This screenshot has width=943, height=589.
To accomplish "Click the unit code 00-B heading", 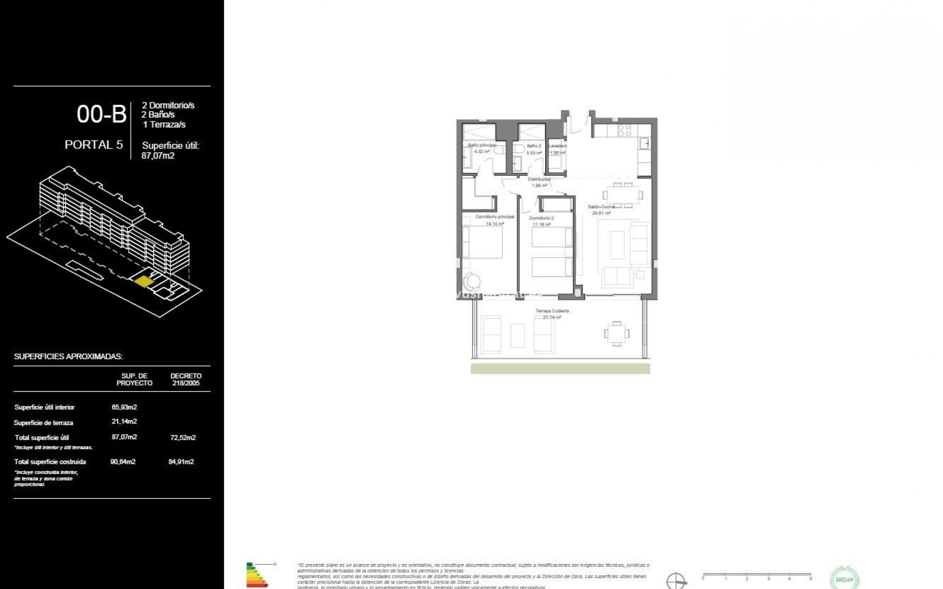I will tap(101, 114).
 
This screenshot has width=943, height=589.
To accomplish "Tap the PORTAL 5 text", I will tap(94, 145).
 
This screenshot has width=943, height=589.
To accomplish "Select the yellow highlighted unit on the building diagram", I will tap(143, 282).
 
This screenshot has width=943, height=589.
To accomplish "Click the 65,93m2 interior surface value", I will tap(124, 407).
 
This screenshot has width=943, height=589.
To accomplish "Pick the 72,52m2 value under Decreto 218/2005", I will tap(183, 437).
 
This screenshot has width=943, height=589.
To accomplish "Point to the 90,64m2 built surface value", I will tap(123, 461).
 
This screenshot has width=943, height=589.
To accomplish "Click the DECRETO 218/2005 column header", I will tap(186, 379).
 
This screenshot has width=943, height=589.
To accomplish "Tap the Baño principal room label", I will tap(481, 145).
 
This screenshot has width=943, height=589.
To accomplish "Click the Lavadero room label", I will tap(557, 146).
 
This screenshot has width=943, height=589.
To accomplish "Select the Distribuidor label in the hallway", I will tap(539, 179).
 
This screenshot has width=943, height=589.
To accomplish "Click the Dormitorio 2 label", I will tap(541, 218).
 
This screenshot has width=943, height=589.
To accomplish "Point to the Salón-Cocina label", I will tap(601, 207).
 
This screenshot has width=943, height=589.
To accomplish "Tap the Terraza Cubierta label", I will tap(552, 311).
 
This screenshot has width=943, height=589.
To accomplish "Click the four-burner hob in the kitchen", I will tap(624, 130).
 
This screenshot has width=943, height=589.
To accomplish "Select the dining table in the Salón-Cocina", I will tap(623, 194).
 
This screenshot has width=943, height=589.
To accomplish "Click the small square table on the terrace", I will tap(616, 334).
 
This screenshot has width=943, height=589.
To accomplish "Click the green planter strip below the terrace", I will tap(560, 369).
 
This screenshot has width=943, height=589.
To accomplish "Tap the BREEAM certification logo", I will tap(844, 578).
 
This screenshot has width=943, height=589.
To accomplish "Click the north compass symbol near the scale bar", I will tap(676, 580).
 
